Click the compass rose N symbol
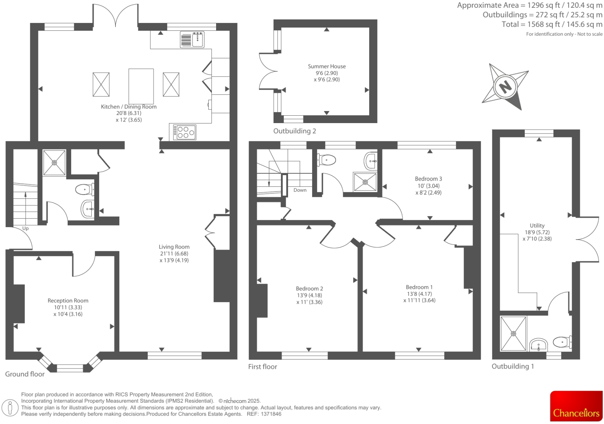pyautogui.click(x=505, y=86)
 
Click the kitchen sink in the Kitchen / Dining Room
pyautogui.click(x=192, y=39)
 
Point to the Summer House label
pyautogui.click(x=326, y=66)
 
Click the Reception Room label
pyautogui.click(x=68, y=301)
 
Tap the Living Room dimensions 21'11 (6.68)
pyautogui.click(x=174, y=254)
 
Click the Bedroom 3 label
pyautogui.click(x=428, y=179)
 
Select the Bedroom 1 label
pyautogui.click(x=419, y=287)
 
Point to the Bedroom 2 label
pyautogui.click(x=309, y=288)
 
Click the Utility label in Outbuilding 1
pyautogui.click(x=537, y=226)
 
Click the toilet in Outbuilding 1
pyautogui.click(x=562, y=342)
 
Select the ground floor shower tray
pyautogui.click(x=54, y=162)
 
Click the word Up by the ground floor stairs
pyautogui.click(x=25, y=228)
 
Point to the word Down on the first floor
pyautogui.click(x=300, y=190)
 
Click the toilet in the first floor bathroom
pyautogui.click(x=326, y=160)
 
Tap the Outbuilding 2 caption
pyautogui.click(x=294, y=131)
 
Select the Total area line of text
pyautogui.click(x=552, y=24)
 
